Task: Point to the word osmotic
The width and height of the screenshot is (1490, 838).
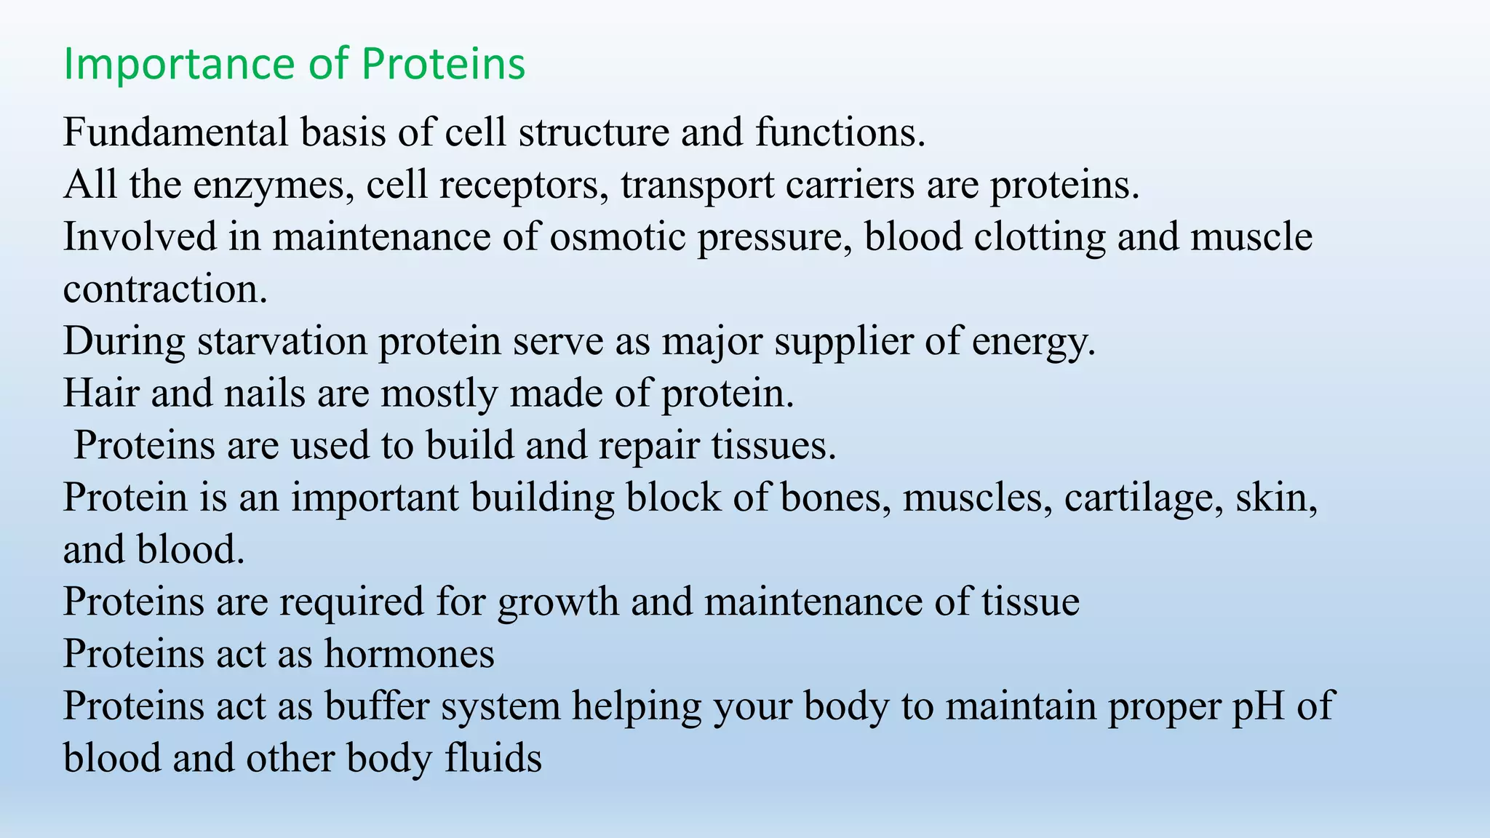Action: [x=617, y=237]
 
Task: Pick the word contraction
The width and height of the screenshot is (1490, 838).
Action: [x=165, y=290]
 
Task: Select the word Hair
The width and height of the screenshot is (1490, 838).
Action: [x=101, y=394]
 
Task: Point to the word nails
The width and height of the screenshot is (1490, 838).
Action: [x=265, y=394]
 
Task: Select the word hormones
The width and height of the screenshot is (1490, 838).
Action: [x=409, y=653]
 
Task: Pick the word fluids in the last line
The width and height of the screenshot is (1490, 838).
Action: [x=493, y=758]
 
